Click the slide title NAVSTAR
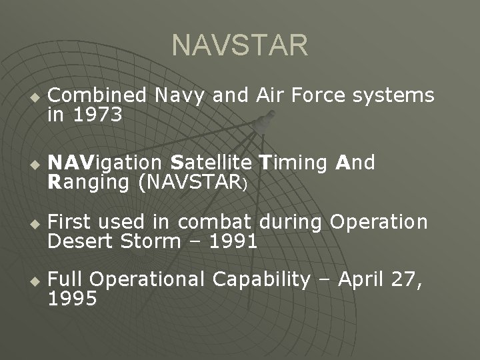240,46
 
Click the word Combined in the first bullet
100,96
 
